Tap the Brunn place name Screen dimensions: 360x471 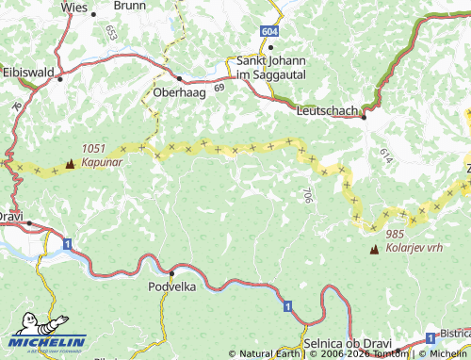click(x=129, y=5)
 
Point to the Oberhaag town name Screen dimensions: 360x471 click(x=180, y=93)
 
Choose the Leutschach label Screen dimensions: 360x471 click(x=327, y=111)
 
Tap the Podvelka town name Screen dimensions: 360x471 click(x=172, y=286)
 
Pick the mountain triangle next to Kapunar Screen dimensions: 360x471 click(x=70, y=164)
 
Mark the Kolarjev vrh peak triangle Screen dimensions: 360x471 click(x=375, y=250)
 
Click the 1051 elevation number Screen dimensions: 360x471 click(x=93, y=149)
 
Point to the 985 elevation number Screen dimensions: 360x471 click(x=394, y=234)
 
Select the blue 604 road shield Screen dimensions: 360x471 click(x=270, y=31)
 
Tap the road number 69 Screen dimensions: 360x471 click(x=219, y=88)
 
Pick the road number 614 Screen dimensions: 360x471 click(x=386, y=152)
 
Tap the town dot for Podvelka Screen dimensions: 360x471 click(x=171, y=272)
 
